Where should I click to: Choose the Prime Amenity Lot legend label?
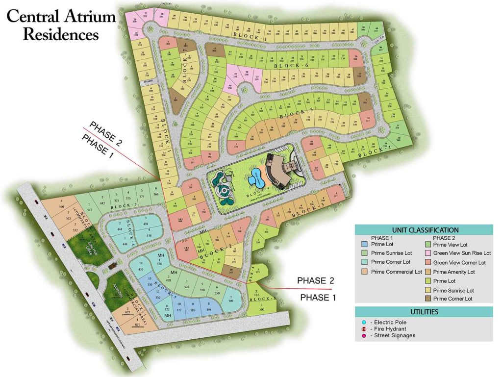(453, 272)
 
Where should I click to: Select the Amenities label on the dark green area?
(117, 294)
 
